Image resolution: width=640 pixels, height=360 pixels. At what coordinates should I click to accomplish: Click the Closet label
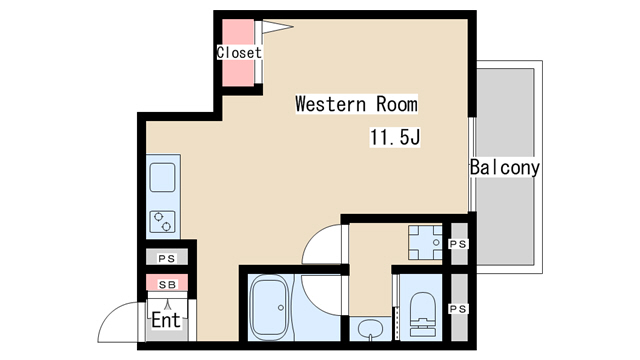coord(239,53)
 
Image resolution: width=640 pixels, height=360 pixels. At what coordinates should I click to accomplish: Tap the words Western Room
coord(356,104)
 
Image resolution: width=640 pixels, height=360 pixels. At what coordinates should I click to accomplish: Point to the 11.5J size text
coord(395,137)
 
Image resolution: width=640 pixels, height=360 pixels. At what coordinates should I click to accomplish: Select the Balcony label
coord(504,167)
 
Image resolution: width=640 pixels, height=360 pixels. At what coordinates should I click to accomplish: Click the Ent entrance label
coord(166,320)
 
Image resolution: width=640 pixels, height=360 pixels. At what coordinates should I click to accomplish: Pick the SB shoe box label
coord(167,285)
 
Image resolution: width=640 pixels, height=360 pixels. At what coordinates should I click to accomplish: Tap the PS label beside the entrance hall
coord(167,258)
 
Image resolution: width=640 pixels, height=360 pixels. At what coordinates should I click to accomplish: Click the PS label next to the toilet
coord(458,309)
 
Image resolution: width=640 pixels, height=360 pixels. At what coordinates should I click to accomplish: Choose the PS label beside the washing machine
coord(458,244)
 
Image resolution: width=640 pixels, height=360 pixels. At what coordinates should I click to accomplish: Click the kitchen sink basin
coord(162,178)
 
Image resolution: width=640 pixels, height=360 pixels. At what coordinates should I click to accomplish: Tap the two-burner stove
coord(162,222)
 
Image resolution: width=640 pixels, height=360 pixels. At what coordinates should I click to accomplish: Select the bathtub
coord(269,307)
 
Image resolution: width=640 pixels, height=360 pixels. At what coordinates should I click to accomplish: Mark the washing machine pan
coord(425,242)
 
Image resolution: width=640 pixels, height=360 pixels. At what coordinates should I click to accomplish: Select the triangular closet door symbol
coord(276,27)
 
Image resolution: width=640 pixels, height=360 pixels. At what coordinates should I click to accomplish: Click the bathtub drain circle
coord(281,307)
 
